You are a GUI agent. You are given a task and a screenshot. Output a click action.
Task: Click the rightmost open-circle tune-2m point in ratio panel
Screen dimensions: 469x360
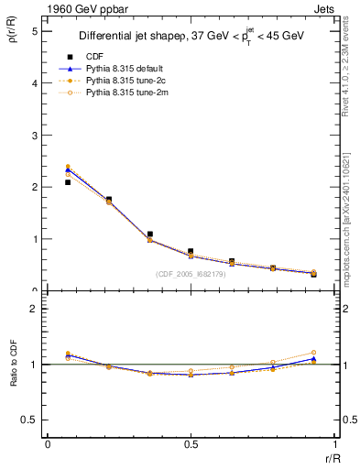tap(313, 352)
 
